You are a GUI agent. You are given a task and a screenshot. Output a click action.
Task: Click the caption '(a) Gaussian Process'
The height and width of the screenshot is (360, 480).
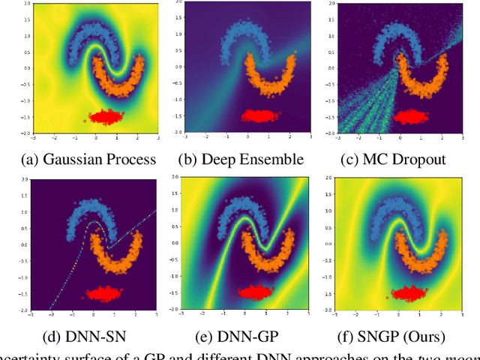click(x=87, y=158)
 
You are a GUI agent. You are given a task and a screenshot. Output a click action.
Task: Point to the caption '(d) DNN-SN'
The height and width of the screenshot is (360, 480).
click(x=87, y=336)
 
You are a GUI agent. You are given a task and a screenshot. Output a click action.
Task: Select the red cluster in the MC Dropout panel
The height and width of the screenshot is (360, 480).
click(x=409, y=116)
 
